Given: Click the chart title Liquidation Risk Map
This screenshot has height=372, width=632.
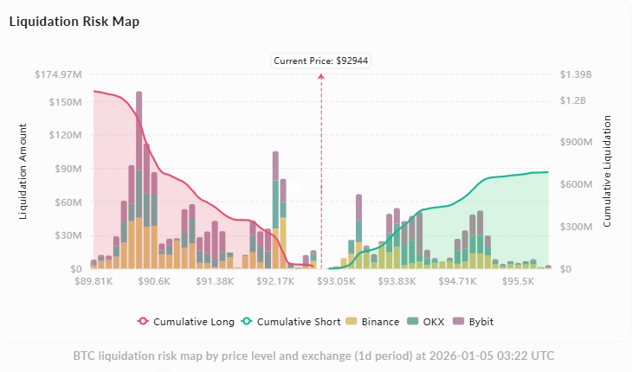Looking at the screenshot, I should click(x=74, y=22).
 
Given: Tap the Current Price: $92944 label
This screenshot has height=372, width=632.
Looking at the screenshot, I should click(x=321, y=61).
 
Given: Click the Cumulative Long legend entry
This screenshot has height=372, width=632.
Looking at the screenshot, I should click(x=186, y=321).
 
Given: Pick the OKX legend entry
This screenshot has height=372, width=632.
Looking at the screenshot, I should click(x=429, y=321).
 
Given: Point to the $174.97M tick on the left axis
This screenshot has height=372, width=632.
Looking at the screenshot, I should click(x=59, y=74).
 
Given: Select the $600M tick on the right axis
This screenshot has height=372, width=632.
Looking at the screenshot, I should click(x=575, y=185).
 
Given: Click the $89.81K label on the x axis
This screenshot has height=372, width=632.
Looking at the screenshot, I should click(x=94, y=281).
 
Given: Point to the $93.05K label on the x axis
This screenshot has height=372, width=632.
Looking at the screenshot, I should click(x=336, y=281).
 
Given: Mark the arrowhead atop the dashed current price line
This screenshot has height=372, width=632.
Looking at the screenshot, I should click(x=321, y=77).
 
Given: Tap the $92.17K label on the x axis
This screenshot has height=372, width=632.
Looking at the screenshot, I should click(x=275, y=281).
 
